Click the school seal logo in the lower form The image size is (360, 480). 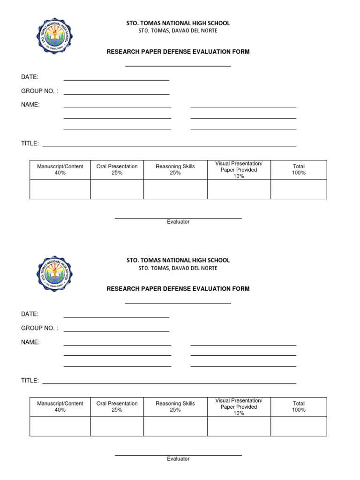click(x=54, y=274)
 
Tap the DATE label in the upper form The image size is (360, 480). click(x=30, y=77)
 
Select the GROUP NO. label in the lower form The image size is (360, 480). click(x=39, y=328)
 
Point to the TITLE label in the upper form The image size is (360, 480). click(x=30, y=143)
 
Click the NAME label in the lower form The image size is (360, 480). click(x=30, y=342)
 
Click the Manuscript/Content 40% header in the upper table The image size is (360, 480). click(x=60, y=170)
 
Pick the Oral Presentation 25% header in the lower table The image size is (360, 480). click(x=117, y=407)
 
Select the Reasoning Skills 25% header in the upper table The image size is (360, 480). click(x=175, y=170)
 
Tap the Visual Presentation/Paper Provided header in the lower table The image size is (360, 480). click(x=239, y=407)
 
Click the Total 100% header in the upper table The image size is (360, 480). click(x=299, y=170)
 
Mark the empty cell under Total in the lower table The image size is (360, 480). click(x=299, y=427)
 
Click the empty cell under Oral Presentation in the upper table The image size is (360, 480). click(x=117, y=189)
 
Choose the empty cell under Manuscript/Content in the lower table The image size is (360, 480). click(x=60, y=427)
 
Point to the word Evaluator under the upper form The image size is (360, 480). click(x=178, y=222)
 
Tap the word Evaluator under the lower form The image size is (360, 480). click(x=178, y=459)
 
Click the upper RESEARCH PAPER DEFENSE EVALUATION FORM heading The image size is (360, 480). click(x=178, y=52)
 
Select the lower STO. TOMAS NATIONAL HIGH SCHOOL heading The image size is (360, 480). click(x=178, y=260)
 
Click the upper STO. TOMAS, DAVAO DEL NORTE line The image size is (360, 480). click(x=178, y=31)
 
